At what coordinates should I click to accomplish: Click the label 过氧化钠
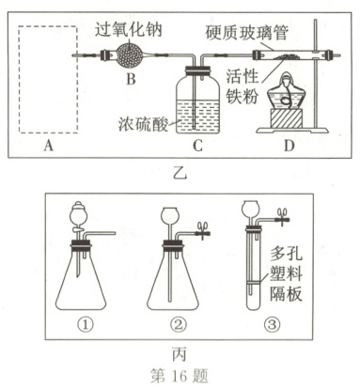129,30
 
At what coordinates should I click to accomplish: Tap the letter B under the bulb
131,79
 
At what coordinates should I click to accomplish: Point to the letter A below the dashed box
48,146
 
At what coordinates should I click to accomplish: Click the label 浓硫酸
143,124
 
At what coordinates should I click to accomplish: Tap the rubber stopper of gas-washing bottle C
198,70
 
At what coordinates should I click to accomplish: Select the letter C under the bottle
197,146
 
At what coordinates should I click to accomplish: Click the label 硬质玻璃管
247,33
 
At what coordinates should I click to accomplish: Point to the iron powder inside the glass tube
285,56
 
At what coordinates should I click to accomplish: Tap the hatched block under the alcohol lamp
286,118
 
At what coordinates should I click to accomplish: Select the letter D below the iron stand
289,146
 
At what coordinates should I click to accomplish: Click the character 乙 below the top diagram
180,173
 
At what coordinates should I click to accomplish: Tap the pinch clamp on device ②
203,231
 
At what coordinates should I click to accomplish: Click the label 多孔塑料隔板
286,275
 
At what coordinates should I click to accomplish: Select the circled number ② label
178,325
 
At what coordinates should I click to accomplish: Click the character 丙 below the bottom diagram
180,354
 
